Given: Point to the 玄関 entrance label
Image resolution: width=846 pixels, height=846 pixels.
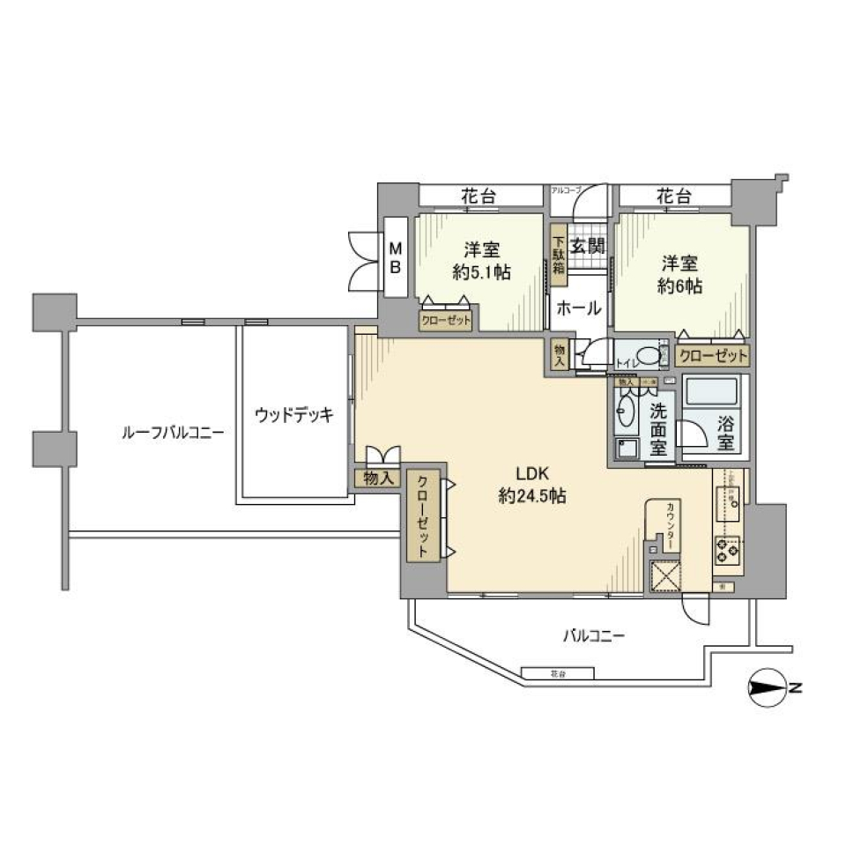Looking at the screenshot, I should (x=586, y=247).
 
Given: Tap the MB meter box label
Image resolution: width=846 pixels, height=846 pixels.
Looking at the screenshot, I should (x=396, y=256).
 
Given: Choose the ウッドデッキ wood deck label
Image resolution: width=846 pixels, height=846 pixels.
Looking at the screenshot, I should (x=294, y=415).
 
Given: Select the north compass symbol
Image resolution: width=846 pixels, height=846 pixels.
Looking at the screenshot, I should (x=770, y=688).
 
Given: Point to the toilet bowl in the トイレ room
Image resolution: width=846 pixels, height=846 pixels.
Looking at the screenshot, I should (x=649, y=356).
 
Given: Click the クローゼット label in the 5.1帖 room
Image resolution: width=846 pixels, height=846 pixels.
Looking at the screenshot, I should (x=445, y=320).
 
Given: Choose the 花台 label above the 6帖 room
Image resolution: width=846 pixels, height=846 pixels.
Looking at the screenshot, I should (x=674, y=197).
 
